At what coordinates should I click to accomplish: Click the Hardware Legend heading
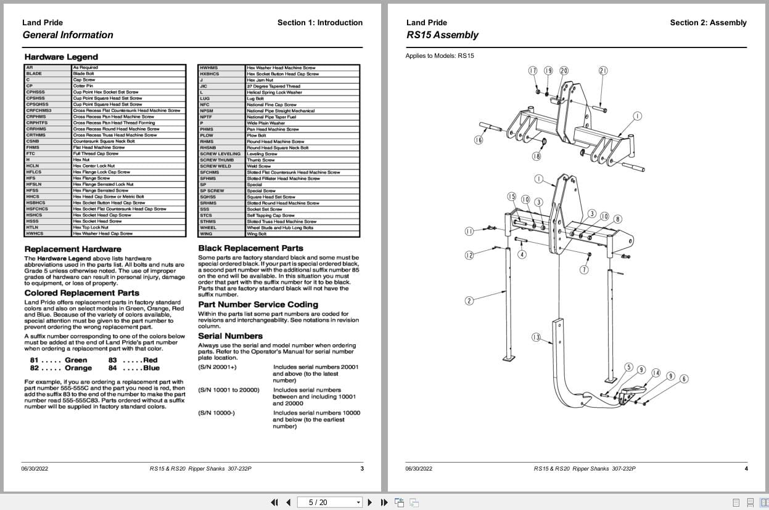(61, 57)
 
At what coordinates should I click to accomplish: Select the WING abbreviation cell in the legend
(206, 234)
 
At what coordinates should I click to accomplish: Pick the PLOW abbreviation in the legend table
(207, 136)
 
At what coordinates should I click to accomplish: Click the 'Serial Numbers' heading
(230, 336)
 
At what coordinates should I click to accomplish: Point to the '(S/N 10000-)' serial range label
(216, 413)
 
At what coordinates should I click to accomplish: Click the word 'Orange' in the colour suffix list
(78, 368)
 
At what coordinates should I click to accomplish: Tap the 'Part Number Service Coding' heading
(258, 305)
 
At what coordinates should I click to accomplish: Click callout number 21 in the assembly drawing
(603, 71)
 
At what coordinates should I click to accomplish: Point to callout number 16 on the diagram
(479, 140)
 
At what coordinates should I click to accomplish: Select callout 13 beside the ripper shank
(536, 337)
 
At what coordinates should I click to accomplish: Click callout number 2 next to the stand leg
(469, 301)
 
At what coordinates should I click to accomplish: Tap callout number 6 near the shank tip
(684, 379)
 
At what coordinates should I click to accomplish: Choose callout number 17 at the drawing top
(533, 71)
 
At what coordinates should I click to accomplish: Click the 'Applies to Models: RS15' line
(440, 56)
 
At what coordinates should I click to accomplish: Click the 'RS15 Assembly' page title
(442, 35)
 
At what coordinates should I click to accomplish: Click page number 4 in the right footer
(746, 469)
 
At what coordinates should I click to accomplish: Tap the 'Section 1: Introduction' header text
(319, 23)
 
